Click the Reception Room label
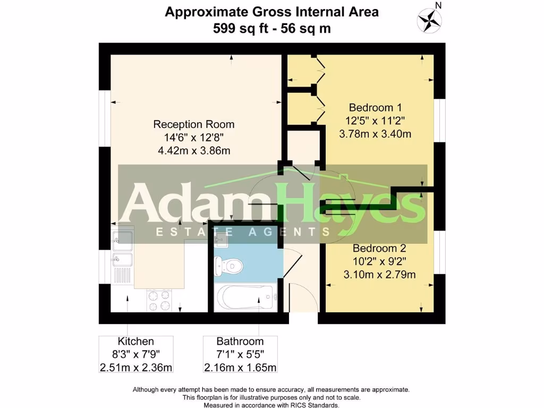pos(193,124)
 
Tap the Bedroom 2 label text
pos(379,248)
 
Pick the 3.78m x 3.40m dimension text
pos(375,134)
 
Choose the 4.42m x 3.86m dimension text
pos(194,150)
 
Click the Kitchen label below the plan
pos(135,342)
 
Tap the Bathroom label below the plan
pos(240,342)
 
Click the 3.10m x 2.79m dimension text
pos(379,275)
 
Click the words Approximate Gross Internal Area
pos(271,12)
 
